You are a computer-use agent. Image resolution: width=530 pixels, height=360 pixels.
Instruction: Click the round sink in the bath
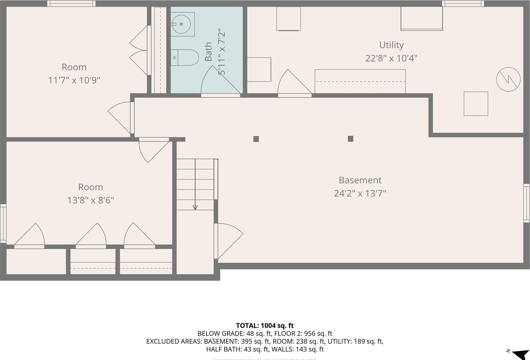[181, 24]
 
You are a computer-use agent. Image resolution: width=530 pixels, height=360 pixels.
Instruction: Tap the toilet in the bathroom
[186, 58]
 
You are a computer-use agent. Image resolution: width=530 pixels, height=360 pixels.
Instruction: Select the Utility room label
[391, 45]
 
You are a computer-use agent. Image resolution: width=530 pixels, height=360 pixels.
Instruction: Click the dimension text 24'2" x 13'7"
[360, 193]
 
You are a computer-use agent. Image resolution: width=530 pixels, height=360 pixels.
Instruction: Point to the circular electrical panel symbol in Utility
[508, 79]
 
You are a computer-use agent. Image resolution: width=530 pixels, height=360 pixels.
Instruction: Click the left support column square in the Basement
[256, 139]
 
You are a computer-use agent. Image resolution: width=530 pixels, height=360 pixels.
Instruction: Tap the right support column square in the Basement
[350, 139]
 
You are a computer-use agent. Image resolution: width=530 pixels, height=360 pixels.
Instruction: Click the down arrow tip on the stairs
[195, 208]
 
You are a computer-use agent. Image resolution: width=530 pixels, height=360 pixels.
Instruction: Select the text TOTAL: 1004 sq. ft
[265, 326]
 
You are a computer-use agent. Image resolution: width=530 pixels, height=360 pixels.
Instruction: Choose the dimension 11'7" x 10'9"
[74, 80]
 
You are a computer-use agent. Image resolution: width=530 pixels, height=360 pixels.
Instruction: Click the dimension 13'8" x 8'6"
[90, 200]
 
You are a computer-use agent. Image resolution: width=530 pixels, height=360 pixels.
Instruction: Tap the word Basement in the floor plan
[360, 180]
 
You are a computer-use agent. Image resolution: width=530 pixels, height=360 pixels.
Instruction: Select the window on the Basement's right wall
[526, 203]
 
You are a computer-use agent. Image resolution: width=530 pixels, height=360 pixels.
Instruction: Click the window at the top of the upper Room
[71, 3]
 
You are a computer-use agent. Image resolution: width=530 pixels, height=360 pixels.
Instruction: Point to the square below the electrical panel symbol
[476, 104]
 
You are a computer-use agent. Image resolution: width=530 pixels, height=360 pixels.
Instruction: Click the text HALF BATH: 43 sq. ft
[237, 349]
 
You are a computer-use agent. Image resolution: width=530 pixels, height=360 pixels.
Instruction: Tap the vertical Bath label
[208, 52]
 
